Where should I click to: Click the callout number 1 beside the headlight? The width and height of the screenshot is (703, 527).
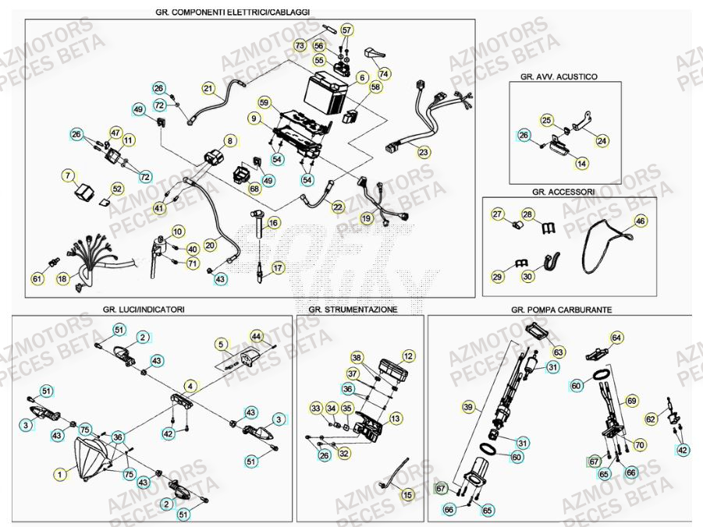pyautogui.click(x=60, y=472)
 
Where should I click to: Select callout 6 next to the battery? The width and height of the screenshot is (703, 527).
pyautogui.click(x=362, y=78)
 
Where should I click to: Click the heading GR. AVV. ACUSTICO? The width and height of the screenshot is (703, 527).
pyautogui.click(x=558, y=77)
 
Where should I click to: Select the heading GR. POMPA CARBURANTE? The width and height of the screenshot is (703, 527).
pyautogui.click(x=561, y=309)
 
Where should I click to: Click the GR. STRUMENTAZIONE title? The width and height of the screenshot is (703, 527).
pyautogui.click(x=353, y=309)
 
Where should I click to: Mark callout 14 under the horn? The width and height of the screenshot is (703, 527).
pyautogui.click(x=582, y=164)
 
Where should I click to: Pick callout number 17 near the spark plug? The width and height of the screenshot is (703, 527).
pyautogui.click(x=277, y=267)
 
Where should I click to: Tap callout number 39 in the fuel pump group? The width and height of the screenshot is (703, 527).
pyautogui.click(x=468, y=407)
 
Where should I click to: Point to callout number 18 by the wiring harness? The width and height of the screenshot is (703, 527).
pyautogui.click(x=62, y=278)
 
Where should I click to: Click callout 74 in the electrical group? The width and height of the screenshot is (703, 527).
pyautogui.click(x=383, y=73)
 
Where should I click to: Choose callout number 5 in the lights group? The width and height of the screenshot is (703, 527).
pyautogui.click(x=221, y=343)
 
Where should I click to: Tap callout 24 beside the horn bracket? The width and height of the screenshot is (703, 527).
pyautogui.click(x=602, y=141)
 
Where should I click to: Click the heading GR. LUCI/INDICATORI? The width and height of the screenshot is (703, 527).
pyautogui.click(x=143, y=309)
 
